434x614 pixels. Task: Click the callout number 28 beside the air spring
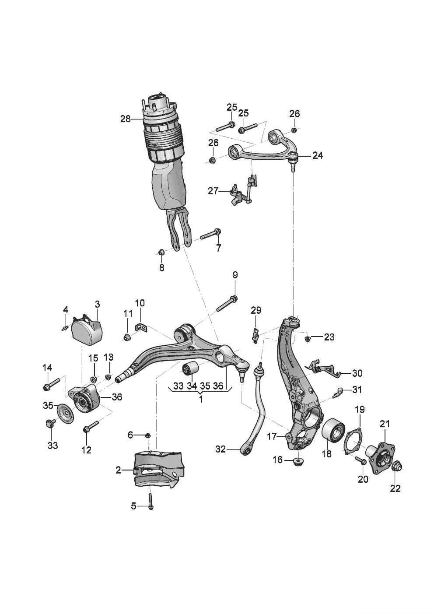point(125,119)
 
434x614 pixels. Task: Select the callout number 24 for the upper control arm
point(318,155)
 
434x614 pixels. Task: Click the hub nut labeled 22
point(396,468)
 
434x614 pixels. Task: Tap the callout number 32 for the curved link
point(221,449)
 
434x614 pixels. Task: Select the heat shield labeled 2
point(160,470)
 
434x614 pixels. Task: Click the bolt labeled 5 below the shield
point(150,501)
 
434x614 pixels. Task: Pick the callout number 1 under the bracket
point(201,399)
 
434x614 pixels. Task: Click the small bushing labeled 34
point(190,369)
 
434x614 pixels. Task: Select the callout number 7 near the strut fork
point(218,248)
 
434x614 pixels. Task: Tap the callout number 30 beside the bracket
point(357,373)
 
